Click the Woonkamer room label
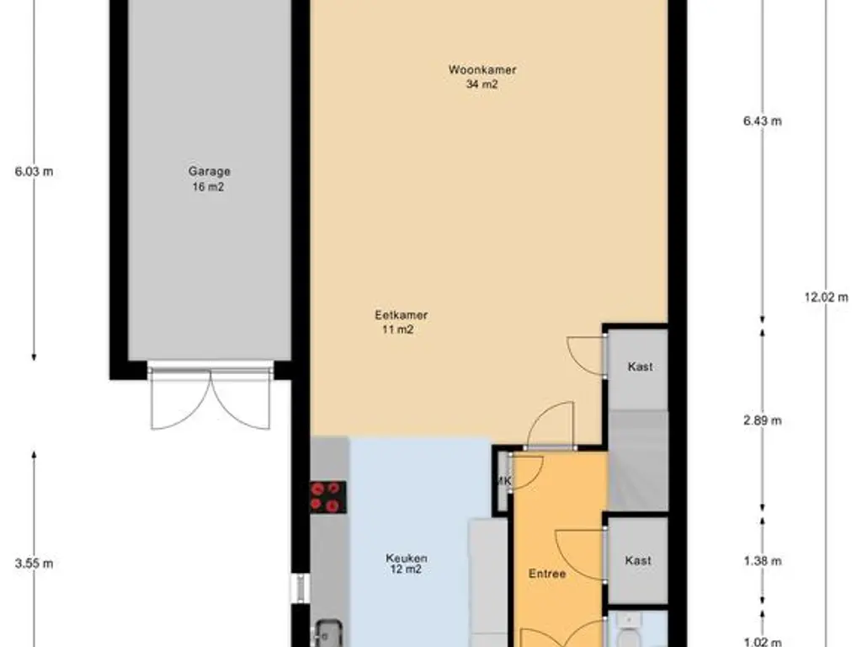coord(482,70)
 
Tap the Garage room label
coord(209,171)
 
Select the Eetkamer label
coord(402,315)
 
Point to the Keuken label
coord(407,558)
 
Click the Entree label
coord(547,574)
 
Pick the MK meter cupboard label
coord(504,481)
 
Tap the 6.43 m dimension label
coord(763,121)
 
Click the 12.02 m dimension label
coord(827,297)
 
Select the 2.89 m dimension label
coord(763,421)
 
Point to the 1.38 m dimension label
coord(763,561)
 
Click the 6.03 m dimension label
coord(34,172)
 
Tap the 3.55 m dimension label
coord(34,564)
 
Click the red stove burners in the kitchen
coord(328,497)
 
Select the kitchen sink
coord(329,634)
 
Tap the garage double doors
coord(210,396)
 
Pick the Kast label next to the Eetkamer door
coord(641,366)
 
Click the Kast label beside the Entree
coord(638,560)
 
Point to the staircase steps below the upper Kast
coord(638,461)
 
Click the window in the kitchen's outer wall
coord(301,589)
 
